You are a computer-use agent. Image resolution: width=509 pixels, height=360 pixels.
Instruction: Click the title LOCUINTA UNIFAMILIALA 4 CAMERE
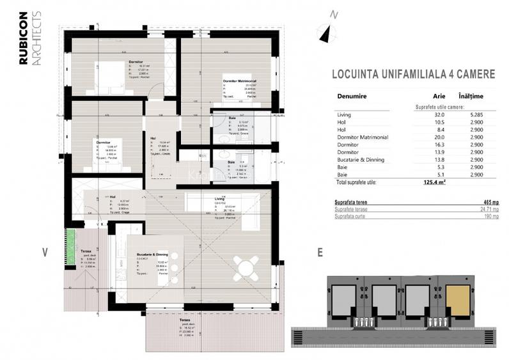pos(412,74)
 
